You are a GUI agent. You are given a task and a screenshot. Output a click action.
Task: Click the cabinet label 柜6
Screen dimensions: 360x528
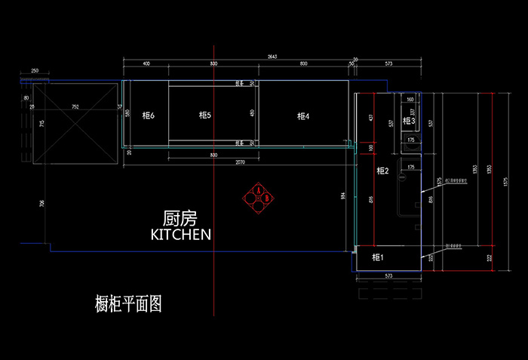147,115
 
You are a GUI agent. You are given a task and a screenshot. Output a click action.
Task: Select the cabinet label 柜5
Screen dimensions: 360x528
204,115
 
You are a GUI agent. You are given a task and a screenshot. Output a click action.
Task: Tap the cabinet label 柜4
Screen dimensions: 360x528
303,116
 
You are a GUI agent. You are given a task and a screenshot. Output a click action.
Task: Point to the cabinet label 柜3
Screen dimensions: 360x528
408,121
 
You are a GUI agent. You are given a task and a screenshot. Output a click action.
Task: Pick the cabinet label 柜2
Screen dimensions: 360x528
382,171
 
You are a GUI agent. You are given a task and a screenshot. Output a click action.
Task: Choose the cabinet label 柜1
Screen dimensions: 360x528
378,258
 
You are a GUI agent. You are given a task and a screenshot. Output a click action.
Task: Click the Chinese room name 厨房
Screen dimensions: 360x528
180,219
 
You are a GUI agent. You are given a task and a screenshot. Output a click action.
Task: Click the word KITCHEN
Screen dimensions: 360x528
181,235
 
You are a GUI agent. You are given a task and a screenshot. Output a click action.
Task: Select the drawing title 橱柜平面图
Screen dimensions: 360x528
128,304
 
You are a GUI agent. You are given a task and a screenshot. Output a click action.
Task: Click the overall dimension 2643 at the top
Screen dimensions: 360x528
272,57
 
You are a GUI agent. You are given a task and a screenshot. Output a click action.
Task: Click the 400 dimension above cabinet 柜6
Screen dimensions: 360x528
146,65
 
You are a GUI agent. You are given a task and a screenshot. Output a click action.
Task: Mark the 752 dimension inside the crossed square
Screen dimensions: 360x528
75,107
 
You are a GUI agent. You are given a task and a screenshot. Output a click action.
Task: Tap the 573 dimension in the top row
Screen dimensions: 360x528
388,65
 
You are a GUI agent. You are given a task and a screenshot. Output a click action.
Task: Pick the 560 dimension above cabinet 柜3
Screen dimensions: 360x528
410,100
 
